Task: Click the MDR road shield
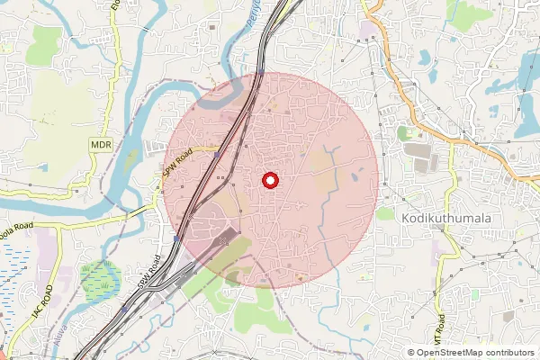coord(101,144)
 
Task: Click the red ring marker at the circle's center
coord(270,180)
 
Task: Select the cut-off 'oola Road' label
coord(16,226)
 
